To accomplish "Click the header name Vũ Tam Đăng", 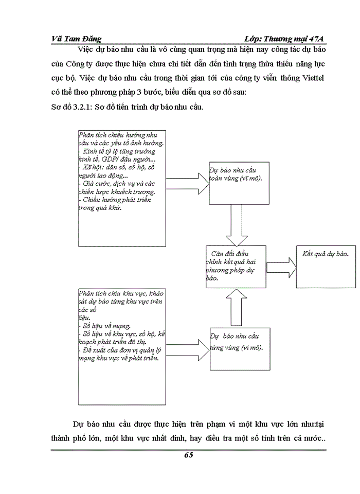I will (x=77, y=39).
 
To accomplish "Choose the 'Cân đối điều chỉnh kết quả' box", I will (x=235, y=267).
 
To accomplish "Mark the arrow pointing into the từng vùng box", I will (x=187, y=344).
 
